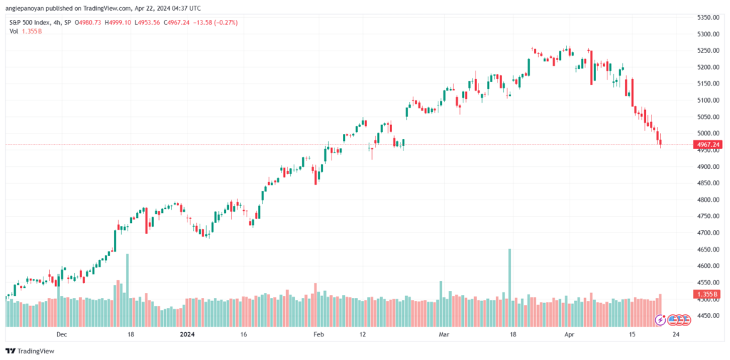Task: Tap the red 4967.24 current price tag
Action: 708,145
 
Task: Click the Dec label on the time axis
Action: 61,334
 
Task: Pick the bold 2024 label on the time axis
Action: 188,334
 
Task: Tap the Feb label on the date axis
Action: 318,334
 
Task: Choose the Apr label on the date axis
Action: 568,334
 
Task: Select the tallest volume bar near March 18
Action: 510,287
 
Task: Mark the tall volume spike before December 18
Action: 128,289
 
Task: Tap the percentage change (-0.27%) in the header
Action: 226,22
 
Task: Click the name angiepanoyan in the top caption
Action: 21,8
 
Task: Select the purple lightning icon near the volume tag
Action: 660,320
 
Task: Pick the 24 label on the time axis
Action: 676,334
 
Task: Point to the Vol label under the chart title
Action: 14,31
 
